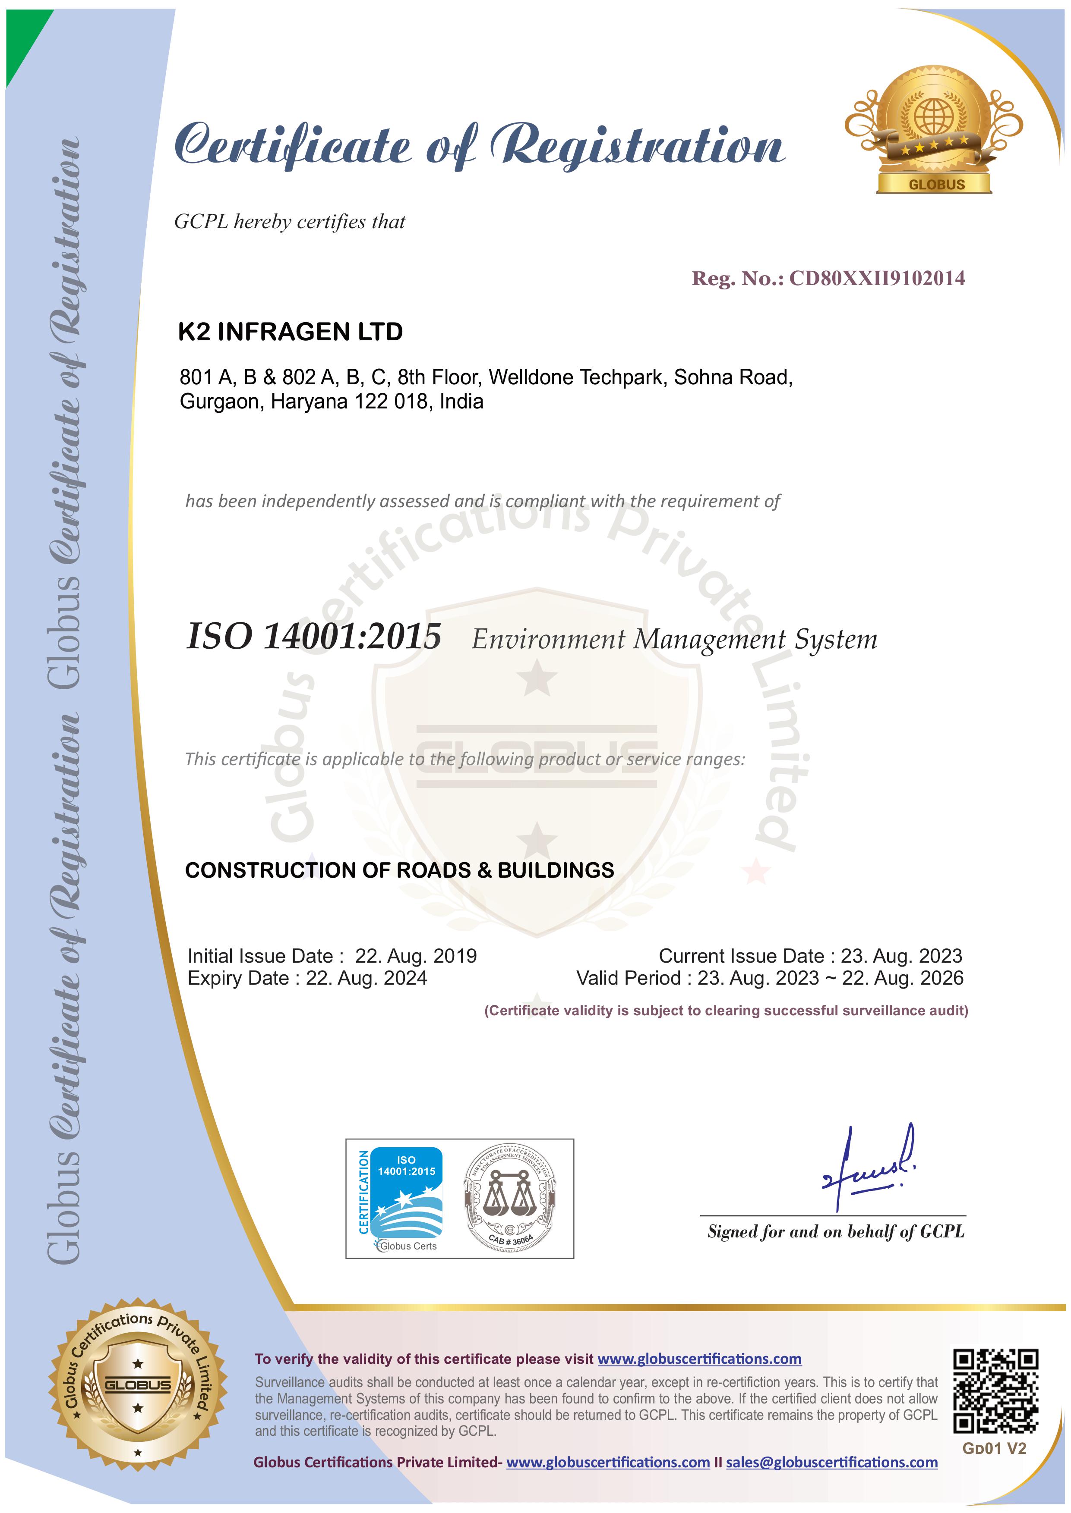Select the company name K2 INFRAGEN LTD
[290, 332]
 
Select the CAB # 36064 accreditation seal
[510, 1199]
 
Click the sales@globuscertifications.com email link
[831, 1462]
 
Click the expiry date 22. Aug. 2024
[366, 978]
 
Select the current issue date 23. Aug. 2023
[901, 956]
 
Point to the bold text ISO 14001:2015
[314, 637]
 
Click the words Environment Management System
[674, 639]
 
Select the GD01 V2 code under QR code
[994, 1448]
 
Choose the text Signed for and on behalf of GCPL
[835, 1232]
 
